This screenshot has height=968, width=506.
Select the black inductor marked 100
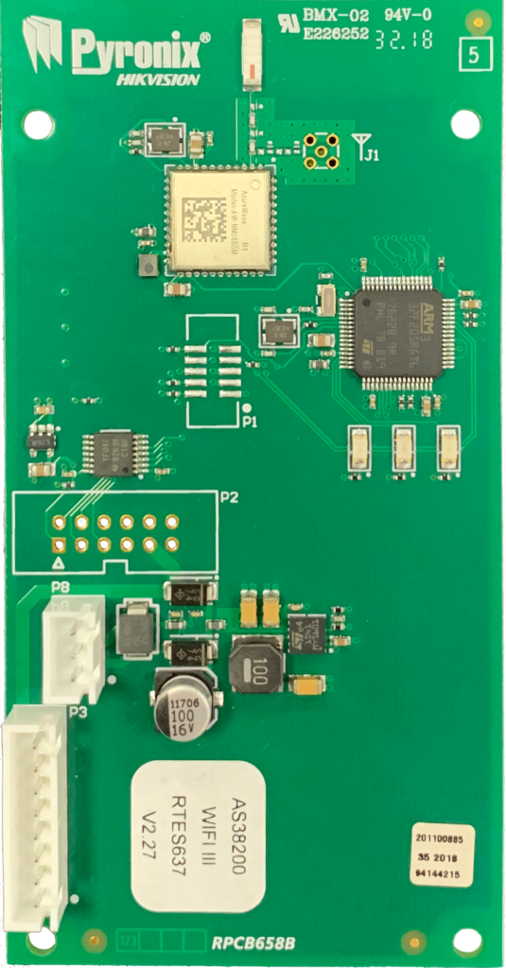(x=256, y=666)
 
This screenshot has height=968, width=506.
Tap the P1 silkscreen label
(x=250, y=422)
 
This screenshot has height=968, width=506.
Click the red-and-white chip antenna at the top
(x=251, y=56)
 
